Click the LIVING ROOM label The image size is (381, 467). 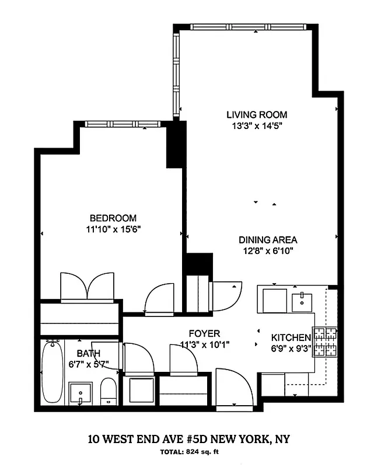click(x=257, y=115)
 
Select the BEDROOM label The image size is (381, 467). click(x=113, y=218)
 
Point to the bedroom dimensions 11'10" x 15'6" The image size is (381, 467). click(x=113, y=229)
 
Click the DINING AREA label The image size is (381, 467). click(x=268, y=240)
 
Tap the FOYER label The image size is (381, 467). click(x=200, y=334)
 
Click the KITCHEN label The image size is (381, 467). click(x=291, y=338)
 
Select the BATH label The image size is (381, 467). click(x=89, y=353)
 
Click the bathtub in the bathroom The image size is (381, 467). click(x=52, y=372)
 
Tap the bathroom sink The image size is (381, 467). click(x=80, y=393)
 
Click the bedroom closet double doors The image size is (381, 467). click(x=87, y=287)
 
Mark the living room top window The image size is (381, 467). click(x=248, y=27)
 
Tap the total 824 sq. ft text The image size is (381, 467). click(x=190, y=452)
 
